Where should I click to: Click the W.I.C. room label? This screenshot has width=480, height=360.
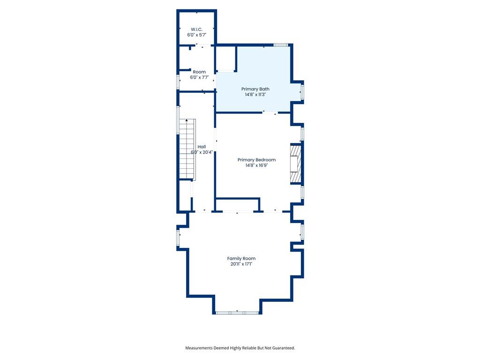(x=196, y=30)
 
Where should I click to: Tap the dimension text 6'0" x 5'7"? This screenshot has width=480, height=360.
(x=197, y=35)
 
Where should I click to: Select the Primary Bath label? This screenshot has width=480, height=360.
(x=255, y=89)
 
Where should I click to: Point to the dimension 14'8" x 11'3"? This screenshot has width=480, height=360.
(x=255, y=95)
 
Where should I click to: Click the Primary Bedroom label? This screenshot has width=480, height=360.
(x=256, y=160)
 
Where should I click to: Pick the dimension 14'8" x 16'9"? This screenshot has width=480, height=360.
(x=256, y=165)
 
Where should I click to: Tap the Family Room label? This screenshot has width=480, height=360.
(x=241, y=258)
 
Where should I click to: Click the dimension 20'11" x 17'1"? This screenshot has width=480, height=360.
(x=241, y=264)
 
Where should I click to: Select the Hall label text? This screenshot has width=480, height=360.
(x=202, y=147)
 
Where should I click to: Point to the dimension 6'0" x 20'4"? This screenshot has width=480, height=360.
(x=202, y=152)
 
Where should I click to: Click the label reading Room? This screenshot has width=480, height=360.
(x=199, y=72)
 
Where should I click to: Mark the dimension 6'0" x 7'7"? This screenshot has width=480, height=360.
(x=199, y=77)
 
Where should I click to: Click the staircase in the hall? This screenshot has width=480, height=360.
(x=187, y=149)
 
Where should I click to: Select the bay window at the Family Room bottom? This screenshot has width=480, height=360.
(x=238, y=313)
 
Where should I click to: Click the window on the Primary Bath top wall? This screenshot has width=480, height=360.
(x=281, y=45)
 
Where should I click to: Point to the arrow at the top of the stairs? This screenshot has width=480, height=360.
(x=187, y=120)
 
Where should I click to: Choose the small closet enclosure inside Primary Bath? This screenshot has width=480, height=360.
(x=226, y=59)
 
